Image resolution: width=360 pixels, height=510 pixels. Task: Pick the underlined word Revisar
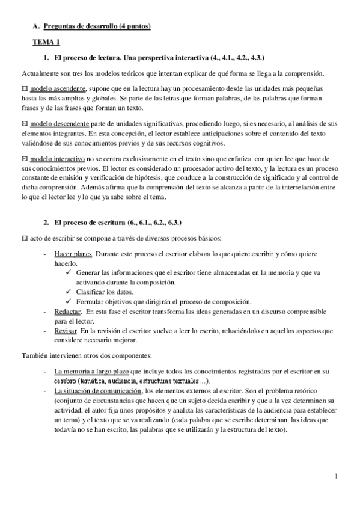coord(66,331)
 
